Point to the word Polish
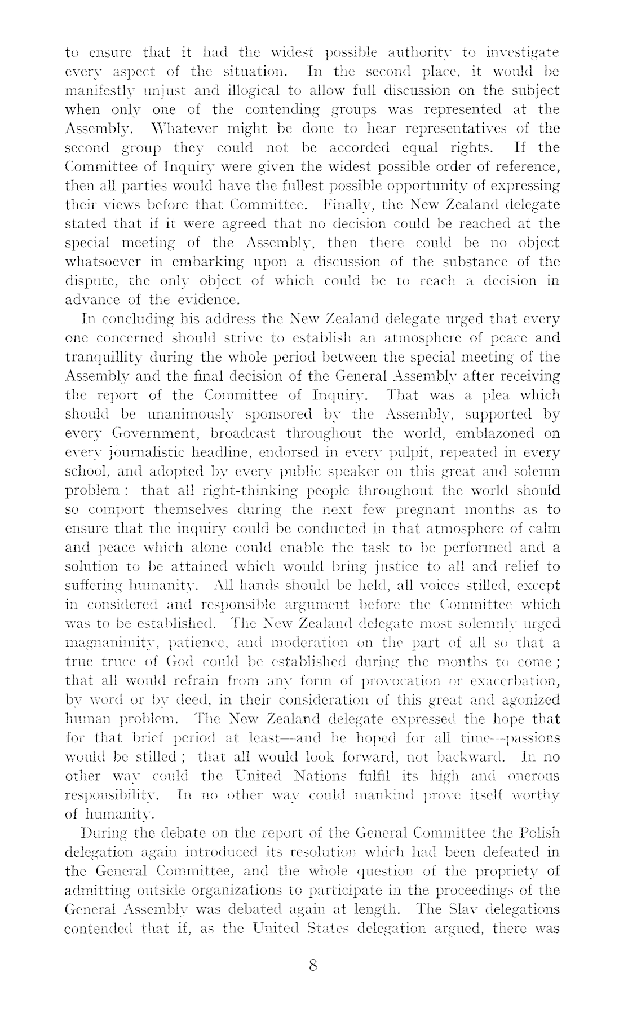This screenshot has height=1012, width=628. coord(540,833)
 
